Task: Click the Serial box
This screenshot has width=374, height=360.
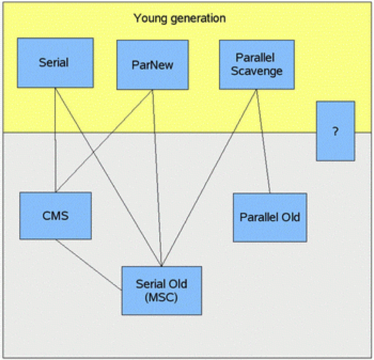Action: click(55, 63)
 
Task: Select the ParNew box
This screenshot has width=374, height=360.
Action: click(153, 65)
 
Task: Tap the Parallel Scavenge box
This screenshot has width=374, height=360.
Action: click(257, 65)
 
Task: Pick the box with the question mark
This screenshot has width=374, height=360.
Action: click(336, 131)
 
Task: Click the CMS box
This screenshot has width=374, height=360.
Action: click(55, 216)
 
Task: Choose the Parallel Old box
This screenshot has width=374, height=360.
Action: click(270, 217)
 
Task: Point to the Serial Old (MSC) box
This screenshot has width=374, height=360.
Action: click(162, 291)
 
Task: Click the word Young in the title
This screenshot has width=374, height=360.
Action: click(150, 18)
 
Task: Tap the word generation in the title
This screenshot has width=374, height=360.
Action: click(198, 18)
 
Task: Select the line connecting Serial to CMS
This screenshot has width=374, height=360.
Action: click(55, 140)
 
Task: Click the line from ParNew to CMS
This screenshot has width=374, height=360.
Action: click(104, 141)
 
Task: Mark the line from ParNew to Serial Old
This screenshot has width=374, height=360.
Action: click(157, 178)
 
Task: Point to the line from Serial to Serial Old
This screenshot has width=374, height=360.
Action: click(109, 177)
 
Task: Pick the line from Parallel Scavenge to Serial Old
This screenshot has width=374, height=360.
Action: click(209, 178)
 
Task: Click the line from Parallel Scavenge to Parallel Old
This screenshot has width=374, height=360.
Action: click(263, 141)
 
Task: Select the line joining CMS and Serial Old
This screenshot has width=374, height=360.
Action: click(89, 264)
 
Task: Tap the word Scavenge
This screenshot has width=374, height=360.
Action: click(257, 71)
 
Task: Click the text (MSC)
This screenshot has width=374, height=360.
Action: click(162, 298)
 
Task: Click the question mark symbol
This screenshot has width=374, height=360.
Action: click(336, 131)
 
